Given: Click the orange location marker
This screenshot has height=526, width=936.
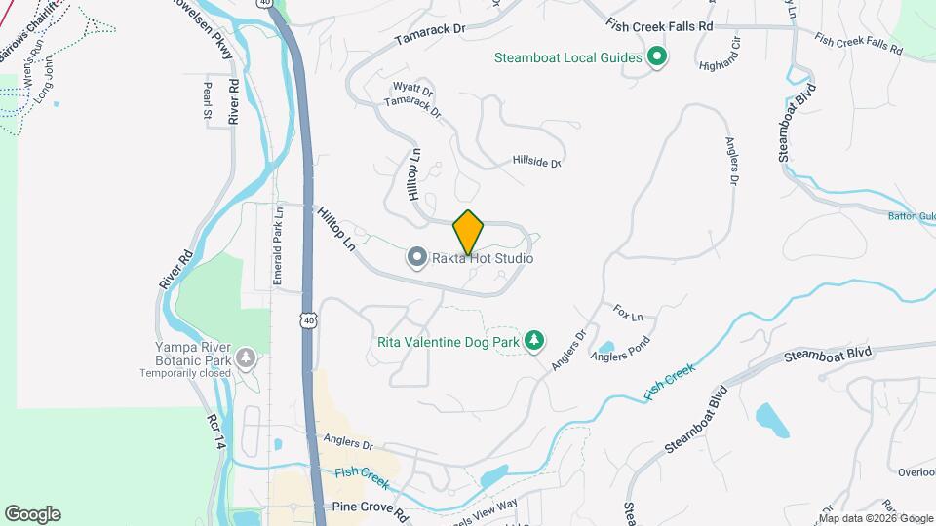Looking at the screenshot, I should click(x=469, y=232).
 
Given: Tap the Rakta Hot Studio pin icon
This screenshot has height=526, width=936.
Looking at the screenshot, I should click(x=417, y=258).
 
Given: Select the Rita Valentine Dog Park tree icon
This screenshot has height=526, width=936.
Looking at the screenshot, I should click(x=533, y=340).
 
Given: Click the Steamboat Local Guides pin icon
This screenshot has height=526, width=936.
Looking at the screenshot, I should click(x=657, y=57).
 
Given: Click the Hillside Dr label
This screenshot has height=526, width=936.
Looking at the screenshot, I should click(x=537, y=163).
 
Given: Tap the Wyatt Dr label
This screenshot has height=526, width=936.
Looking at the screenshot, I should click(x=411, y=88).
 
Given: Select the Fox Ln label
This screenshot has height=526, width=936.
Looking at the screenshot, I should click(x=629, y=315).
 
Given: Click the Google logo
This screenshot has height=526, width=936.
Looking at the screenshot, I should click(x=32, y=513).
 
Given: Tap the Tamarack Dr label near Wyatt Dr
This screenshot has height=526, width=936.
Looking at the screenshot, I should click(x=412, y=107).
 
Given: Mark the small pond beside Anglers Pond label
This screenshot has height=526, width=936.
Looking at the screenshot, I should click(x=605, y=346).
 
